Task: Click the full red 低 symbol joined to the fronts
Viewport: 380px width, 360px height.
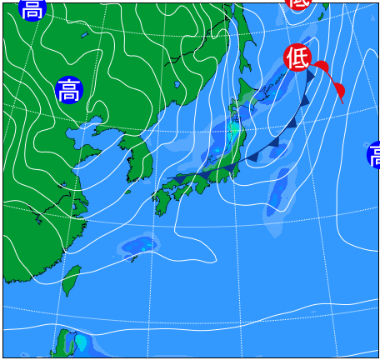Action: point(297,57)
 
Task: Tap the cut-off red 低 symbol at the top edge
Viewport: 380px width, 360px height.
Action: point(298,2)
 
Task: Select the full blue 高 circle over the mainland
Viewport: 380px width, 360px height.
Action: point(69,89)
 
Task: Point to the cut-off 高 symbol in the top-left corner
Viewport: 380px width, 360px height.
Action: point(31,8)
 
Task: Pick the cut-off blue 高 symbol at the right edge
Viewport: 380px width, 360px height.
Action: point(373,155)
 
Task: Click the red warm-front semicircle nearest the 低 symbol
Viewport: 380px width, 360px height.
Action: point(322,67)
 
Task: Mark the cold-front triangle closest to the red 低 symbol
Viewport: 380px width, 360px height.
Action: point(311,76)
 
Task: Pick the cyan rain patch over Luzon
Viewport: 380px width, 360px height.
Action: point(82,342)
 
